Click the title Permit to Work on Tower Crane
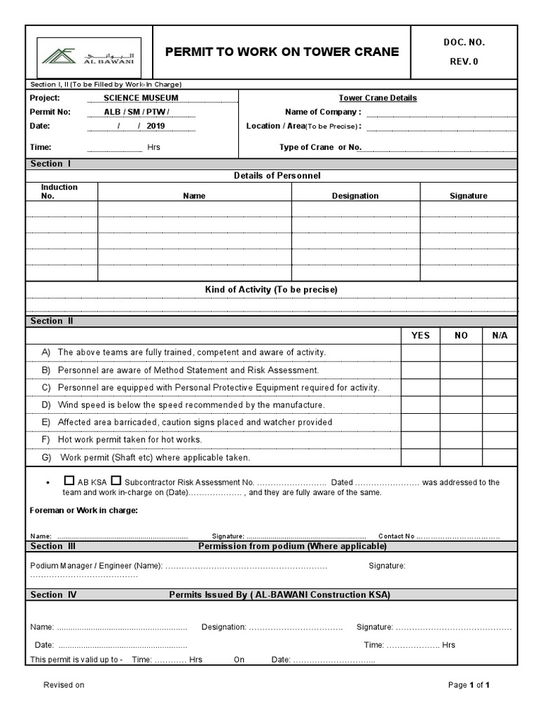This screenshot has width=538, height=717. pyautogui.click(x=282, y=52)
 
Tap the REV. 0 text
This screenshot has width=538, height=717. pyautogui.click(x=464, y=62)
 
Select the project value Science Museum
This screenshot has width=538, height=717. pyautogui.click(x=141, y=98)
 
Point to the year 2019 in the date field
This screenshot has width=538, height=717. pyautogui.click(x=156, y=126)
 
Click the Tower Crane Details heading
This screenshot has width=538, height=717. pyautogui.click(x=378, y=98)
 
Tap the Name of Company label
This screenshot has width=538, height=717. pyautogui.click(x=323, y=112)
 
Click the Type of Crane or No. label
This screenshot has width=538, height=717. pyautogui.click(x=320, y=147)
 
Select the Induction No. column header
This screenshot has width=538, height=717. pyautogui.click(x=60, y=192)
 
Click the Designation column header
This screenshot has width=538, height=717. pyautogui.click(x=355, y=196)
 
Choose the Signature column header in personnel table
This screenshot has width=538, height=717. pyautogui.click(x=468, y=196)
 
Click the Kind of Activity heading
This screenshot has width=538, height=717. pyautogui.click(x=271, y=289)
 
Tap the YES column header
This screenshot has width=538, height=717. pyautogui.click(x=420, y=335)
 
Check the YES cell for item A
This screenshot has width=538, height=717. pyautogui.click(x=420, y=352)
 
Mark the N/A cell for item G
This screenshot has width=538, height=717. pyautogui.click(x=499, y=457)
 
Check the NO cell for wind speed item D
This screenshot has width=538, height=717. pyautogui.click(x=461, y=405)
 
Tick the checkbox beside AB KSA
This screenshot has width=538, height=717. pyautogui.click(x=69, y=481)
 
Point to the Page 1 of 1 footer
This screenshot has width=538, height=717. pyautogui.click(x=469, y=685)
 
